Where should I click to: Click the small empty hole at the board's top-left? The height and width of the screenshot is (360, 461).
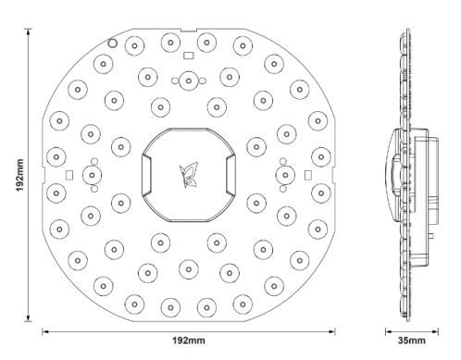(112, 43)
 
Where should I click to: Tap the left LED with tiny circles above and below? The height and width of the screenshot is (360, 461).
(94, 173)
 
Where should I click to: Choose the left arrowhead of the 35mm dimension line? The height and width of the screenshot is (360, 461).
(389, 329)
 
